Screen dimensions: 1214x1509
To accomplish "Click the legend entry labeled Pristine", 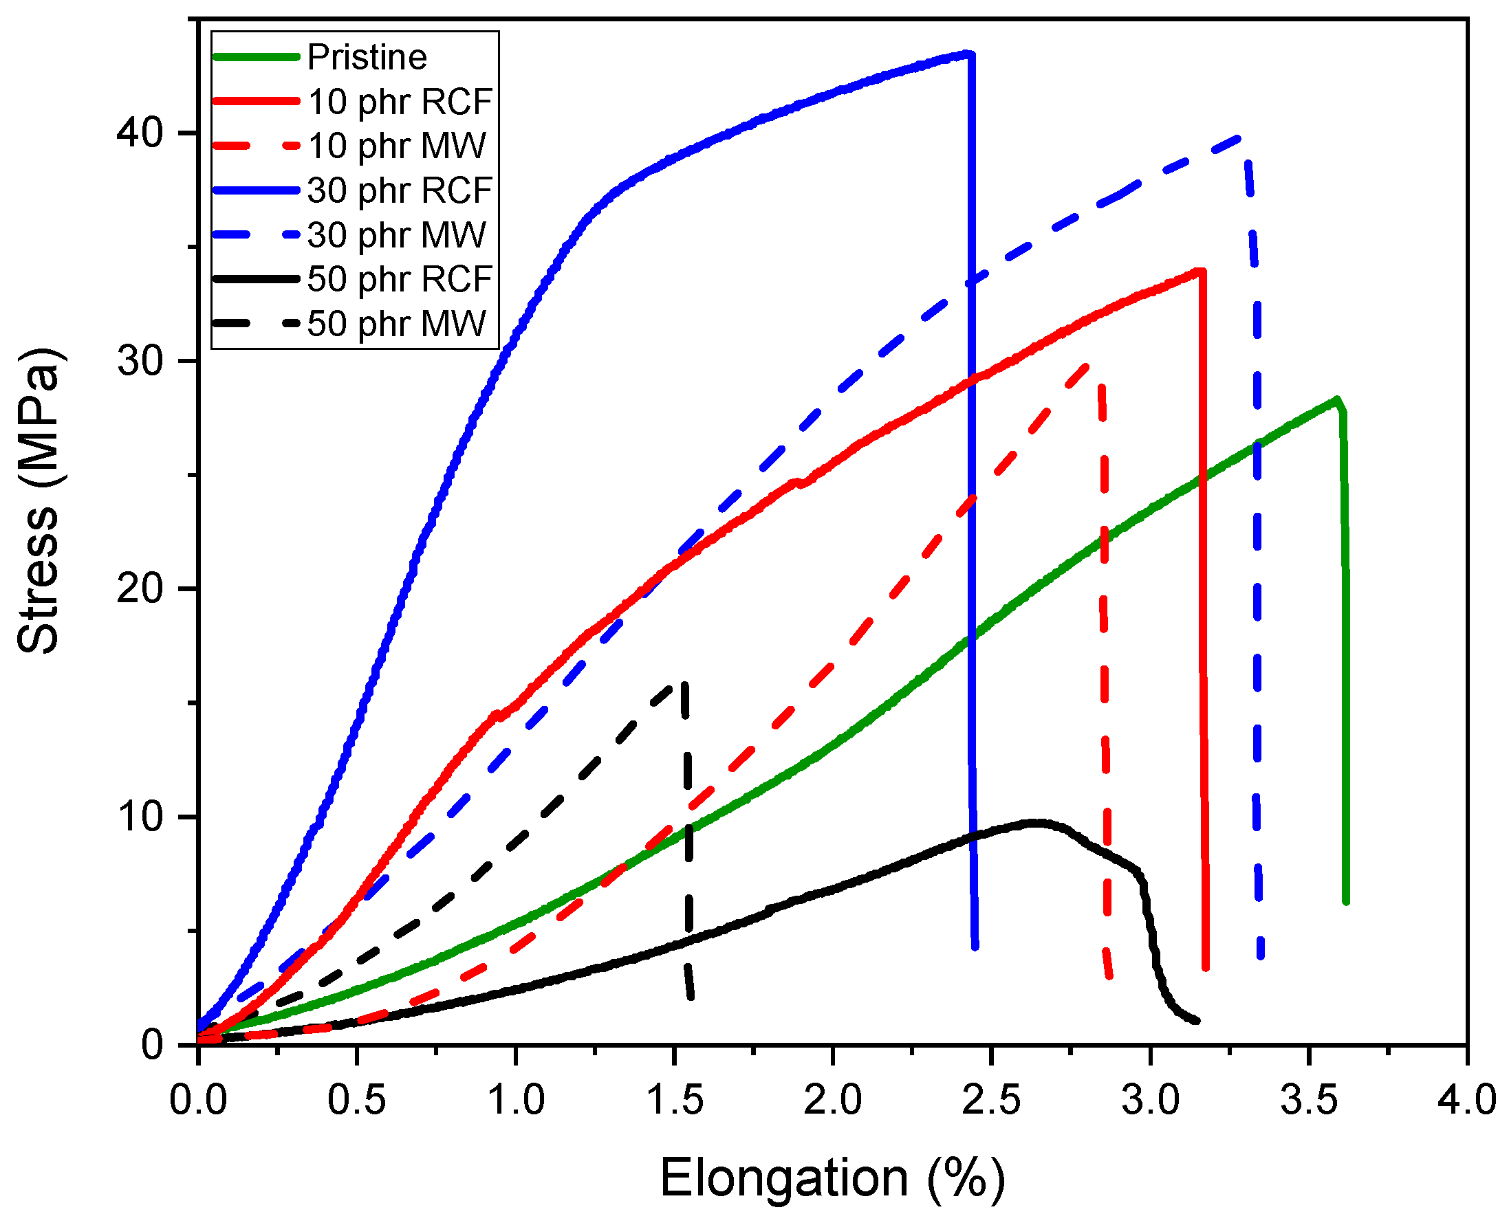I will click(x=366, y=56).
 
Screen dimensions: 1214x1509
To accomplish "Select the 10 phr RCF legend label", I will click(x=400, y=102).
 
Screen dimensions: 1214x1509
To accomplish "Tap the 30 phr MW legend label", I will click(x=396, y=235).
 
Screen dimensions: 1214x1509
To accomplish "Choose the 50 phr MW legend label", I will click(x=396, y=324).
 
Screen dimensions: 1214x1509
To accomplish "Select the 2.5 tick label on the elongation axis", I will click(x=991, y=1101).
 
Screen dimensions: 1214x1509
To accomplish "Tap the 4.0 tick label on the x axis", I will click(x=1467, y=1101).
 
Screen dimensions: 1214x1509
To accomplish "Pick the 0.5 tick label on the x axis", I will click(x=357, y=1101).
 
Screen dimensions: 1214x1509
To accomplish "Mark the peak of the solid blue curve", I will click(x=967, y=53).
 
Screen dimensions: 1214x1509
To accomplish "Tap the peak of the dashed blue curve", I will click(x=1240, y=138).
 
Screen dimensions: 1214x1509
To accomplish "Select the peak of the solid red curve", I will click(x=1199, y=271).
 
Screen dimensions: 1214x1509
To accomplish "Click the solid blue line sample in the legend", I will click(x=255, y=190).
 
